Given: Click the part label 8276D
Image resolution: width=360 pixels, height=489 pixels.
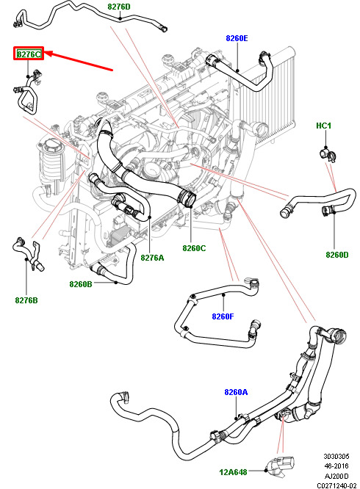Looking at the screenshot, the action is pos(119,7).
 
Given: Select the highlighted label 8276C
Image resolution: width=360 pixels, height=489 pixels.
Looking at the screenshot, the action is pos(29,54).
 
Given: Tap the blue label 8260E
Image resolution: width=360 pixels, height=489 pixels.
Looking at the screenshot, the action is pos(237,38).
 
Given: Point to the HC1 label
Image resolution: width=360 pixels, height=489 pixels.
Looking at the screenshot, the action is pos(323,126).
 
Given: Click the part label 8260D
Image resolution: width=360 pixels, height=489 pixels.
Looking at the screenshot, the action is pos(337,255).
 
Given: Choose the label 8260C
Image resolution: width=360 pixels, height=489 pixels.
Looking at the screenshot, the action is pos(194,248).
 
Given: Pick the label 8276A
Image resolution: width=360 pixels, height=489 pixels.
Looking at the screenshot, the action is pos(152,258).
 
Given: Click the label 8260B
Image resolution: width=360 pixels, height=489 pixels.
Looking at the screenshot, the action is pos(81,284).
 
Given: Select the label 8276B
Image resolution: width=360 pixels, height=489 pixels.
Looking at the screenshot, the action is pos(26,300).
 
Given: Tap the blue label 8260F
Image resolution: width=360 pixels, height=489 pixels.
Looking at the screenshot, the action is pos(223,316).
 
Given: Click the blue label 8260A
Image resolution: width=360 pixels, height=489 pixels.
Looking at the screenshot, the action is pos(236,392).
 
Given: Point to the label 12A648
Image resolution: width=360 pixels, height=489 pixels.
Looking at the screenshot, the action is pos(234,472).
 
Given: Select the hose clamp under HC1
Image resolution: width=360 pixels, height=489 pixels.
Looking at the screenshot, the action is pos(328,155).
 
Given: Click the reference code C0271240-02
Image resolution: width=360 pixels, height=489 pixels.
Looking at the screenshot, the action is pos(336,485).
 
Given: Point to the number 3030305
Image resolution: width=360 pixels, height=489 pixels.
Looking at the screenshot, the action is pos(336,456).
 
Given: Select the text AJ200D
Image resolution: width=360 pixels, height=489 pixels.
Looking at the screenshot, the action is pos(336,476).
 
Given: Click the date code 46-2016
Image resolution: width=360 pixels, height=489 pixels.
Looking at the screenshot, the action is pos(336,466).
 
